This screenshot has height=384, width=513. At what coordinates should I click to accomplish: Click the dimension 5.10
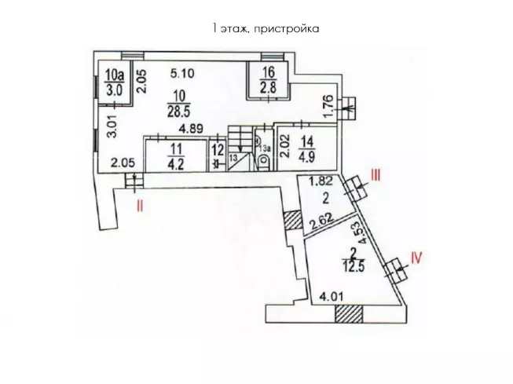coord(183,75)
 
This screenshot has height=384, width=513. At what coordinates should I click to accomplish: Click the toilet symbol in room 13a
coord(264,159)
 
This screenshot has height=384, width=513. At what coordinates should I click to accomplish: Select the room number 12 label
coord(218,148)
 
